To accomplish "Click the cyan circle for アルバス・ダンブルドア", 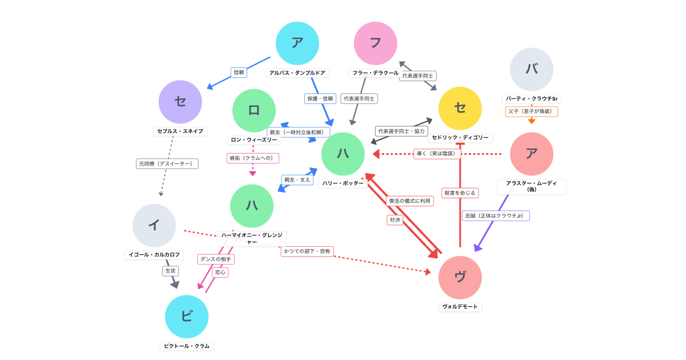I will click(x=297, y=43).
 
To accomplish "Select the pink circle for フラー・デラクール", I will click(x=375, y=43).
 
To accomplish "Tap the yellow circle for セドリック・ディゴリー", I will click(x=460, y=109).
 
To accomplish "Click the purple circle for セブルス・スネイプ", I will click(x=180, y=102).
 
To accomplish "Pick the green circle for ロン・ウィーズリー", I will click(x=254, y=111).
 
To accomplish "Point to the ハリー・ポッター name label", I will click(x=342, y=183).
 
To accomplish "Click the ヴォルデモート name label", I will click(x=460, y=307).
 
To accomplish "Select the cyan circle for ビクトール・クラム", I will click(x=186, y=317).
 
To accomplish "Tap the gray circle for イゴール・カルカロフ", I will click(x=154, y=226).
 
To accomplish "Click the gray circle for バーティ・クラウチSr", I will click(x=531, y=69).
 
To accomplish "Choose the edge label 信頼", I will click(x=239, y=73).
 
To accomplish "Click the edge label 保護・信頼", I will click(x=320, y=99).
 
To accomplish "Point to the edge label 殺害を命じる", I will click(x=460, y=193).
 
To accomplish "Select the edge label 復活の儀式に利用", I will click(x=409, y=201).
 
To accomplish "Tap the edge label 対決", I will click(x=395, y=220).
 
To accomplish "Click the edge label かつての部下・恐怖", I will click(x=307, y=251).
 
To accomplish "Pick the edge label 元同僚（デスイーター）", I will click(x=167, y=164).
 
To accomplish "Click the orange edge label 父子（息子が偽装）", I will click(x=531, y=111).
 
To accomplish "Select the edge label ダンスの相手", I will click(x=216, y=259).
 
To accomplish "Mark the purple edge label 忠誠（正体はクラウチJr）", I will click(x=496, y=216).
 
